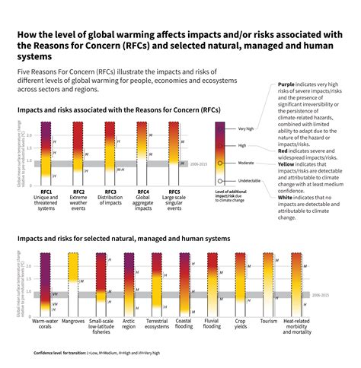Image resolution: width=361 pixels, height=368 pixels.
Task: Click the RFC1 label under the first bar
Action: click(46, 192)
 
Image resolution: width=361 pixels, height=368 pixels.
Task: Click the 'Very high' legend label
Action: click(246, 128)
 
